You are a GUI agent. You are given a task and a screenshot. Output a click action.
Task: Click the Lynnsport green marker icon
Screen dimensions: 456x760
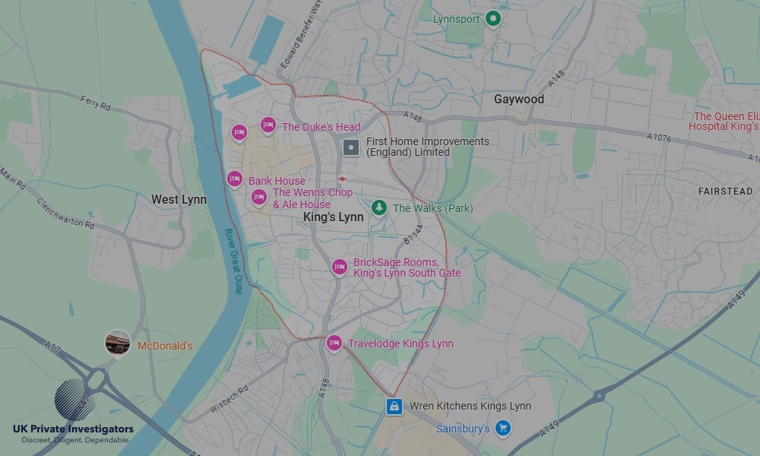[x=493, y=18]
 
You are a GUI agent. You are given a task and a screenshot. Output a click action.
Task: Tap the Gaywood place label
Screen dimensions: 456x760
[x=519, y=100]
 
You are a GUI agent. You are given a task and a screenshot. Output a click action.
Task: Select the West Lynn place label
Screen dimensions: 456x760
[x=179, y=200]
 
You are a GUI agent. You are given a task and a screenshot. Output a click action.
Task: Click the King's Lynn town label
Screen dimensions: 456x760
[x=333, y=217]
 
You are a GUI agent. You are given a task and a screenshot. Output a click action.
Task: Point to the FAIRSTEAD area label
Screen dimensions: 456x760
[x=725, y=192]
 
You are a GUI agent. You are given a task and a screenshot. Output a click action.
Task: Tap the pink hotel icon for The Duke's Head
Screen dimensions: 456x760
[x=268, y=125]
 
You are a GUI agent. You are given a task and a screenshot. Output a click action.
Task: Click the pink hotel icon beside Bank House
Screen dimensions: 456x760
[x=235, y=179]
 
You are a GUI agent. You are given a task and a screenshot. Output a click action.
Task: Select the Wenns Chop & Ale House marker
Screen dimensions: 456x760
[x=259, y=198]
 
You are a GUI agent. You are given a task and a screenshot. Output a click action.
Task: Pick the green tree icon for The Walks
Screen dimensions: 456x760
[x=378, y=207]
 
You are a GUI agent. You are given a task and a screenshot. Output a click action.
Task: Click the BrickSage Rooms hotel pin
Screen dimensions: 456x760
[x=339, y=267]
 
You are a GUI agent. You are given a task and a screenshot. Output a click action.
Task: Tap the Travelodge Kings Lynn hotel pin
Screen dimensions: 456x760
[x=334, y=344]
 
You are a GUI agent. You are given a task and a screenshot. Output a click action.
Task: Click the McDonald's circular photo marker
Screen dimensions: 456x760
[x=118, y=343]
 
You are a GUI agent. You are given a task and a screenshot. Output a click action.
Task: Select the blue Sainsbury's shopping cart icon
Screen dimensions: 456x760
[x=502, y=429]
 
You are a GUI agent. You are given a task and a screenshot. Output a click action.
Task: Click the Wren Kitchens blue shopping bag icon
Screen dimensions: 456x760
[x=394, y=407]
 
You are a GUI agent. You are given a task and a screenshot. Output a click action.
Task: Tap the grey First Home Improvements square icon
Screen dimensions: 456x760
[x=351, y=147]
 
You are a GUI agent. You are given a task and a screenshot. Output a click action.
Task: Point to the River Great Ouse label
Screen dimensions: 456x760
[x=233, y=261]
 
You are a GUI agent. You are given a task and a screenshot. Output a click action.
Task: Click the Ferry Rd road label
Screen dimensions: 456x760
[x=95, y=103]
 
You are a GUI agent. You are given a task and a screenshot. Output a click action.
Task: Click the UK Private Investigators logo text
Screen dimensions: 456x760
[x=73, y=429]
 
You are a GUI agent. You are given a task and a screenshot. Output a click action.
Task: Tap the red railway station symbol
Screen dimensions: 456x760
[x=343, y=179]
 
